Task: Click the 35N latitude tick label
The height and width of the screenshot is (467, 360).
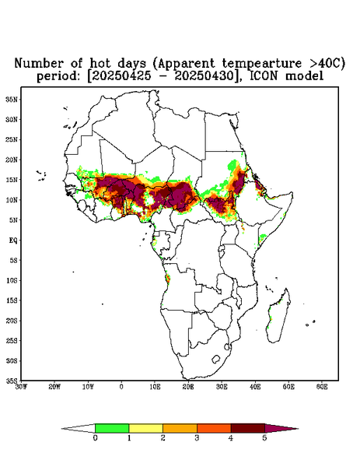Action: tap(12, 100)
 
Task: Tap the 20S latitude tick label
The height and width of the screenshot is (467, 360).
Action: tap(12, 321)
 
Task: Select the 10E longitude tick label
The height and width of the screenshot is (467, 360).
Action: tap(155, 387)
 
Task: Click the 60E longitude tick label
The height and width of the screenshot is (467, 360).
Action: tap(322, 387)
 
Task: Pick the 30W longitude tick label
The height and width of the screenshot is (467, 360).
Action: tap(21, 387)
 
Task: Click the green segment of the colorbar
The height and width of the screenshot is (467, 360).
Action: tap(112, 428)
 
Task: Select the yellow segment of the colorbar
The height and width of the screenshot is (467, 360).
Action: tap(145, 428)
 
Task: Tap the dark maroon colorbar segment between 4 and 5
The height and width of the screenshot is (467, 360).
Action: tap(248, 428)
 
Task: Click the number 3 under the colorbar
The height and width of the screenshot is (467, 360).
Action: tap(197, 438)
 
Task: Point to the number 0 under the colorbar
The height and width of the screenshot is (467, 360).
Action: tap(95, 438)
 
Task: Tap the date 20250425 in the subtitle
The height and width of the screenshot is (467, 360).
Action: tap(121, 76)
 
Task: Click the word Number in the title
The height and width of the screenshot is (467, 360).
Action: tap(39, 63)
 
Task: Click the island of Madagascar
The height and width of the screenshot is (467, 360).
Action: tap(279, 316)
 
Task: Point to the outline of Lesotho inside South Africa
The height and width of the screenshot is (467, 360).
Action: tap(216, 359)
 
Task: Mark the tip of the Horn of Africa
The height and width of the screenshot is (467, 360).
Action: tap(292, 193)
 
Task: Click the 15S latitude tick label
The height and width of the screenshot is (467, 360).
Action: tap(12, 300)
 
